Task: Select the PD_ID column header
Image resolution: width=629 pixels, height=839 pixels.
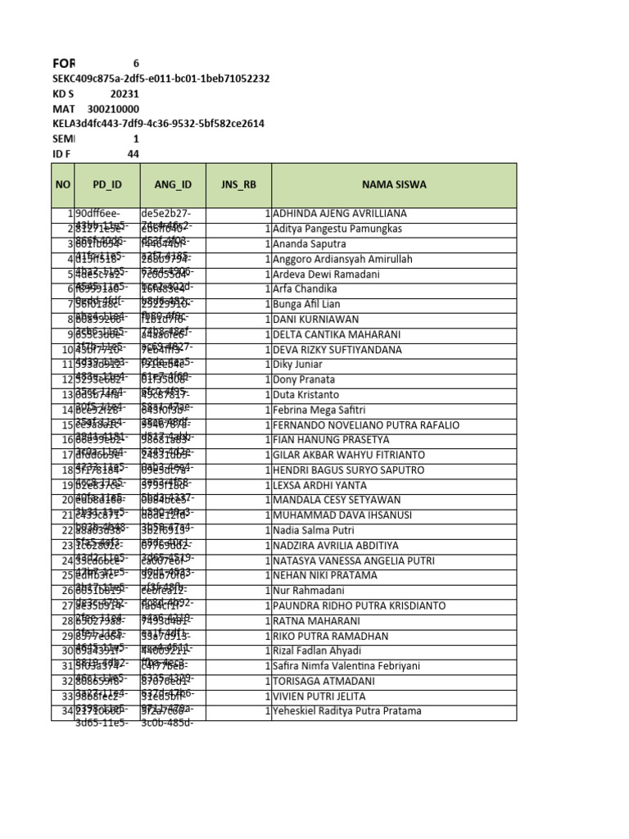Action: click(x=106, y=185)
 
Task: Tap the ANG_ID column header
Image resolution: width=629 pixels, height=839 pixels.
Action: click(x=173, y=185)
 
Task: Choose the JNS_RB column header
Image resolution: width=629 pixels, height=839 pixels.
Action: click(x=238, y=185)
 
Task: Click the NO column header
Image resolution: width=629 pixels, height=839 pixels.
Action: click(x=63, y=185)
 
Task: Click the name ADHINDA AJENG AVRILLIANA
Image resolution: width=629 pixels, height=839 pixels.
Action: click(x=340, y=214)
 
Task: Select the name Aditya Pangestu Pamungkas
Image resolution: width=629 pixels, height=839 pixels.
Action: click(x=337, y=229)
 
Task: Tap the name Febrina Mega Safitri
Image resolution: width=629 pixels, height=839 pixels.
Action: click(x=319, y=410)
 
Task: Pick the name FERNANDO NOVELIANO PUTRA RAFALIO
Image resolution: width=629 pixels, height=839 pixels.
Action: click(x=366, y=425)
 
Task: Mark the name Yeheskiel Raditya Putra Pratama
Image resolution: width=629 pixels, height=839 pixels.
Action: click(x=347, y=711)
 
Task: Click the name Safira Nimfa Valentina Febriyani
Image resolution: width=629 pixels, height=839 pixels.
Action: click(x=349, y=666)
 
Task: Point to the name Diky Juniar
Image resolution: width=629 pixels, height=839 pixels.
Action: click(x=297, y=365)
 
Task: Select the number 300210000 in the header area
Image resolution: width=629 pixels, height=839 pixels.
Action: click(x=113, y=109)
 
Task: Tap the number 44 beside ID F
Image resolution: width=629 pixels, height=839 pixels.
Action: click(x=133, y=154)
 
